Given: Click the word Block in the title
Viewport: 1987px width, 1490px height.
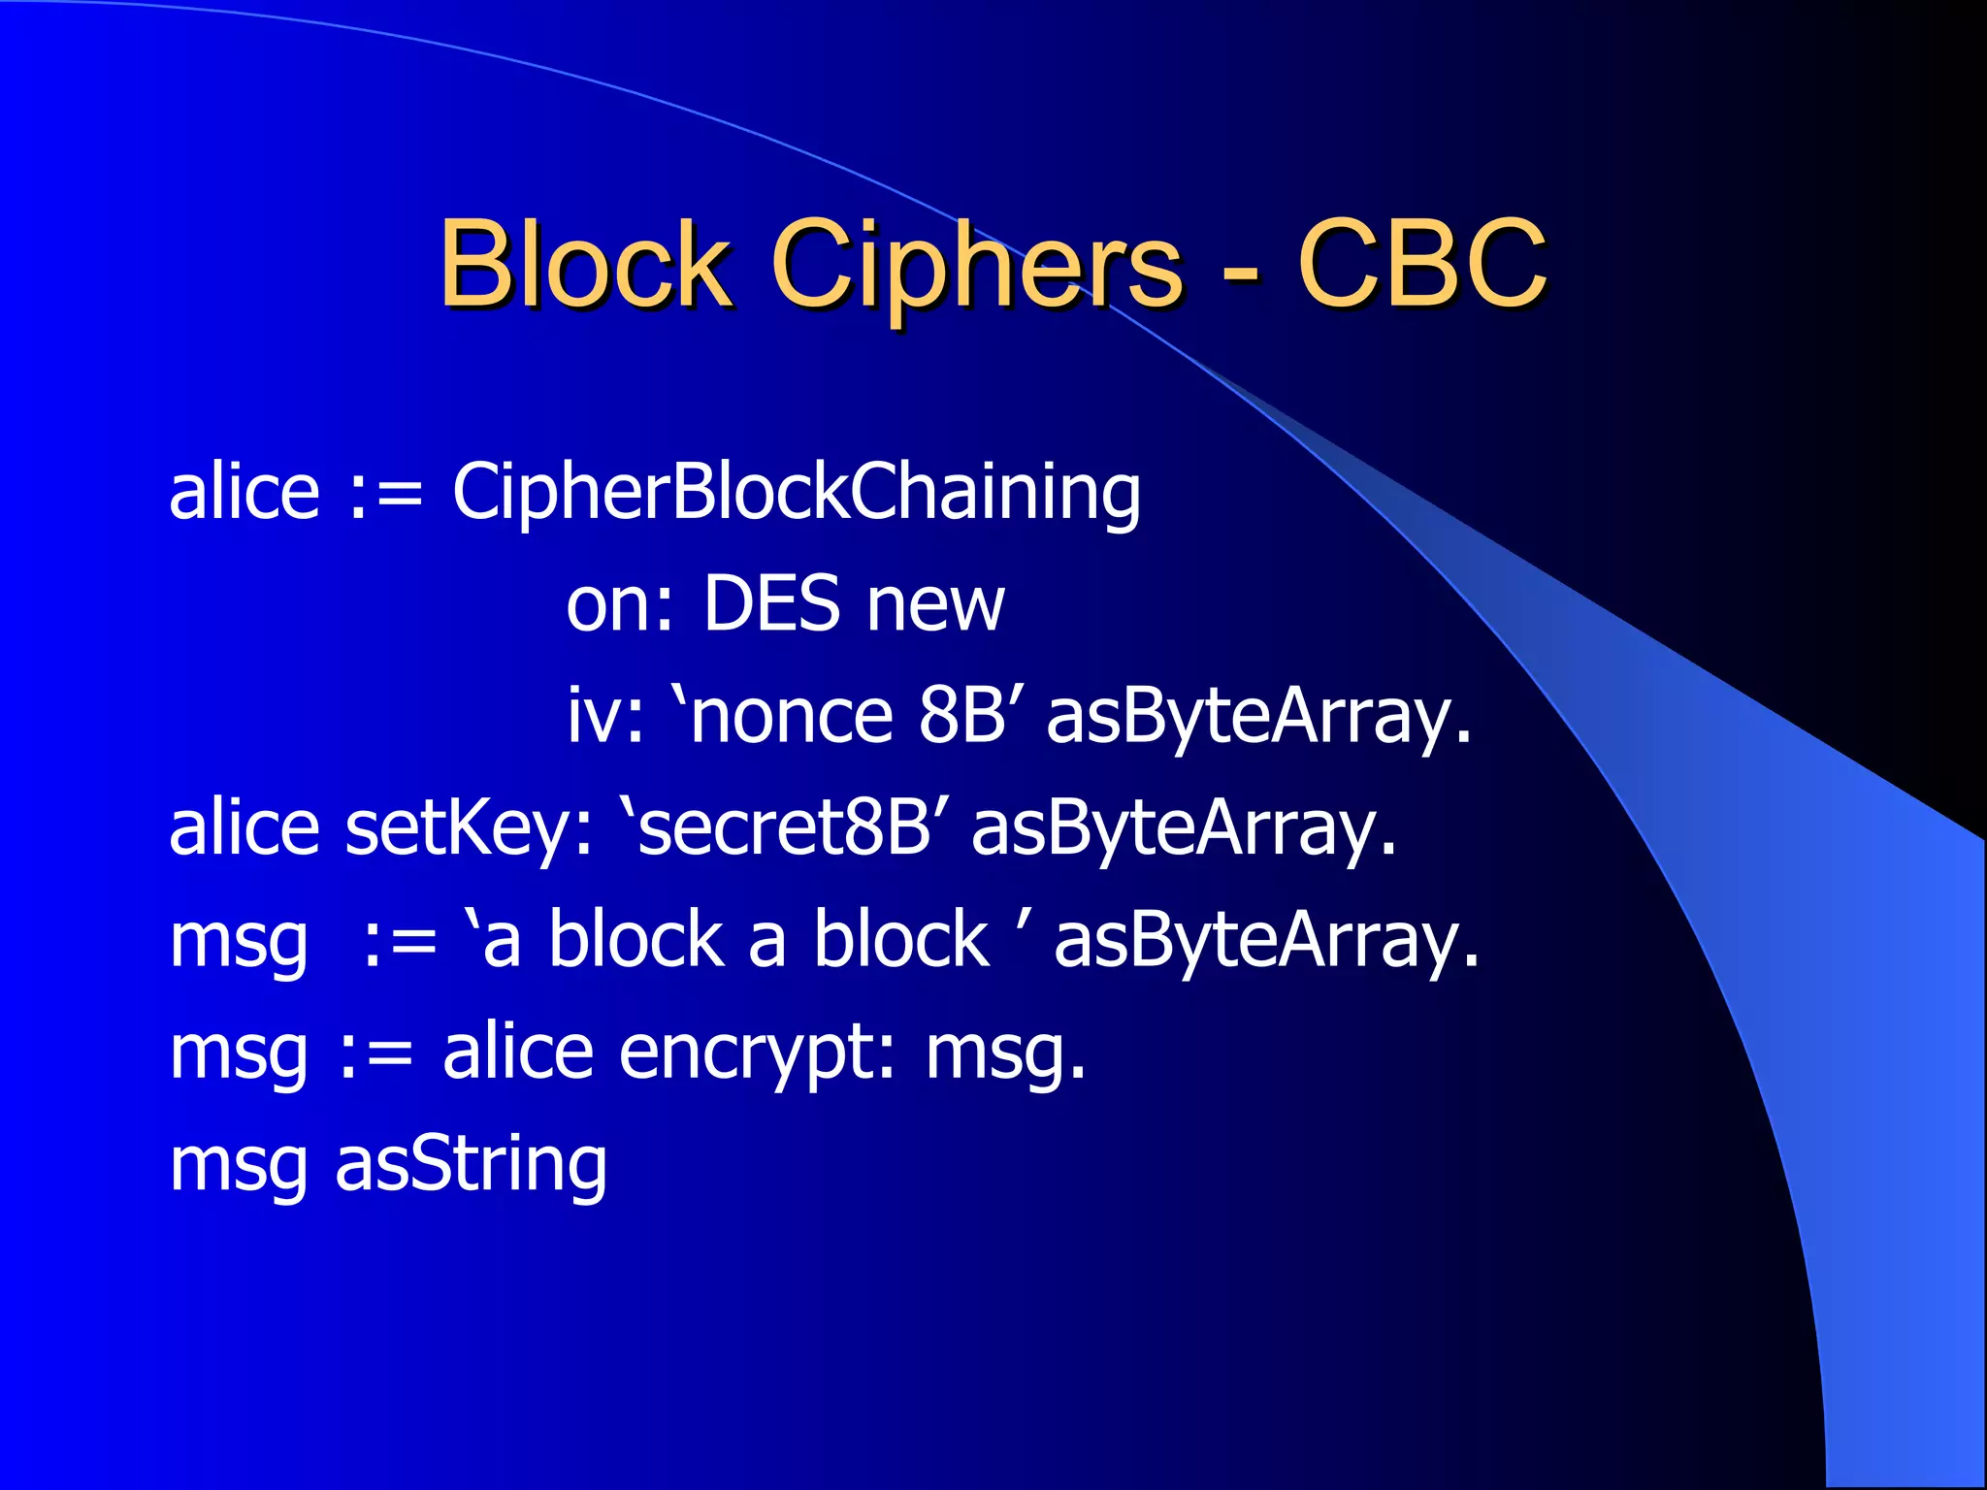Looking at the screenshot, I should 585,263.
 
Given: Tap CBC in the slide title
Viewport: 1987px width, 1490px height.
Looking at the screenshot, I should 1421,263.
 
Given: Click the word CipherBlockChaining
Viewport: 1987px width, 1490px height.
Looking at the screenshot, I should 797,493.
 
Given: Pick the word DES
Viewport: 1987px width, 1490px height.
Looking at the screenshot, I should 772,603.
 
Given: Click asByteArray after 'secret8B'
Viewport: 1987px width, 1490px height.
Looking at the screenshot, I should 1184,830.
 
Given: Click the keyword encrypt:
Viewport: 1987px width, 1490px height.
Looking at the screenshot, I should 757,1053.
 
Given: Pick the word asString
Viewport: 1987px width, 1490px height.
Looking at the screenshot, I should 472,1165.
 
